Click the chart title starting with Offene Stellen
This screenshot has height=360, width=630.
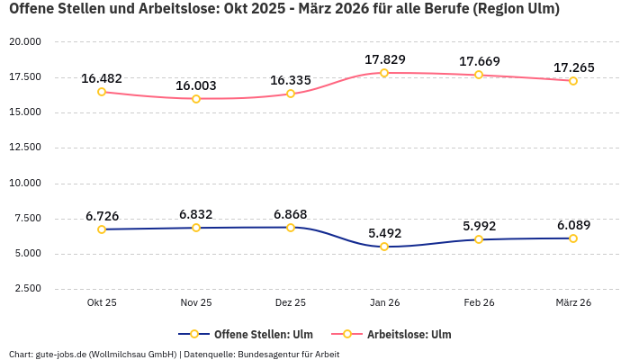[x=283, y=10]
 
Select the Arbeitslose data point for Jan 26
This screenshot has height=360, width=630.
[x=384, y=73]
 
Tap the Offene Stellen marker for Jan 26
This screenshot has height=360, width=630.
[x=384, y=247]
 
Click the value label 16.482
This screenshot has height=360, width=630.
[x=102, y=78]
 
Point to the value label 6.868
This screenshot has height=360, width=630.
[x=291, y=214]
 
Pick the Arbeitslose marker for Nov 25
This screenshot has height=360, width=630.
[x=196, y=98]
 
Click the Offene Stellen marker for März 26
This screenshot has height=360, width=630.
[x=573, y=238]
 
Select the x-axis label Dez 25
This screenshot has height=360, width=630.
[x=291, y=302]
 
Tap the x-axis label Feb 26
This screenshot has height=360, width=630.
[x=479, y=302]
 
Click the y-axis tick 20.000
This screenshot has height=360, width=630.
[x=25, y=42]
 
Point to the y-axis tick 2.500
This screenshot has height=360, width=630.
[x=28, y=289]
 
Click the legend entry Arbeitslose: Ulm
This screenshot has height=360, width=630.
[x=409, y=334]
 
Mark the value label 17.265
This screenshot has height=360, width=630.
[x=573, y=67]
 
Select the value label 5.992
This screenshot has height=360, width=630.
[x=479, y=226]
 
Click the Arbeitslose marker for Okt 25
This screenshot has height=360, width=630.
[x=102, y=92]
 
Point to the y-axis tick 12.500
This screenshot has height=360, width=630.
[x=25, y=148]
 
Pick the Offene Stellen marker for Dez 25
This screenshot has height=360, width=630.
[x=291, y=228]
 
